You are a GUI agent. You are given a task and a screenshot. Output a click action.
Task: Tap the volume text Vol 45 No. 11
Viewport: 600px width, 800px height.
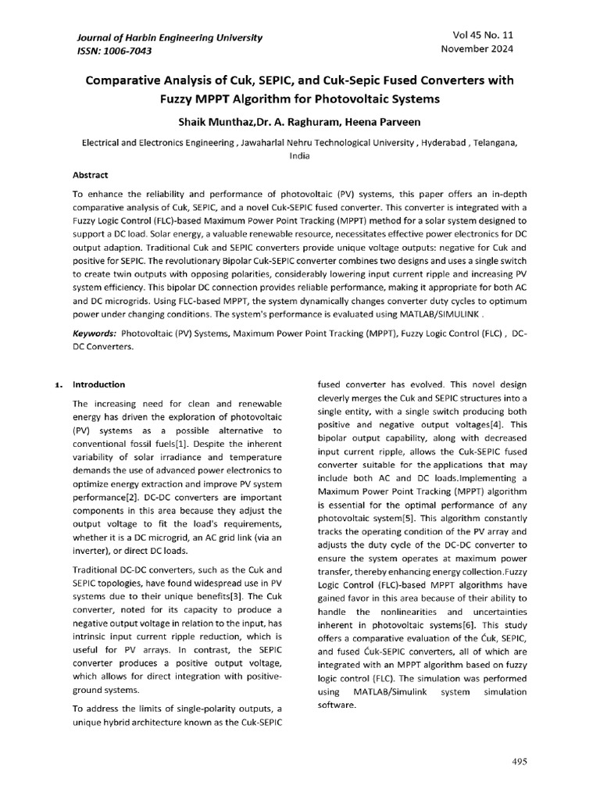484,35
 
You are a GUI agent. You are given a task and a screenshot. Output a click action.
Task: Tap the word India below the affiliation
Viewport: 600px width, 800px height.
300,156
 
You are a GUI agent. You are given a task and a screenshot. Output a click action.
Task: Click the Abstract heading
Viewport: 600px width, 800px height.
90,175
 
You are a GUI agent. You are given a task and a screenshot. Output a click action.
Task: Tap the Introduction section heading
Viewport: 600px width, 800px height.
98,384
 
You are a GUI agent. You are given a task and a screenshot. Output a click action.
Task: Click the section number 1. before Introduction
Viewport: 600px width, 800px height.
59,385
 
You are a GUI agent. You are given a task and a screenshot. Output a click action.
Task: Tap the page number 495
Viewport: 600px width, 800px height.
520,761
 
